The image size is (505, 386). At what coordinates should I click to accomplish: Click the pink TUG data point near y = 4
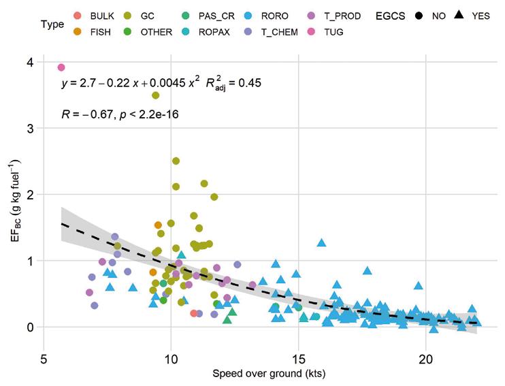point(61,67)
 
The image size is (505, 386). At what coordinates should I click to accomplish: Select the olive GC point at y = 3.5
point(155,95)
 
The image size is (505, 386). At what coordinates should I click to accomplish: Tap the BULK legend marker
point(77,16)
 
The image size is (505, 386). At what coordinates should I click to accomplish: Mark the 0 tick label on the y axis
point(31,327)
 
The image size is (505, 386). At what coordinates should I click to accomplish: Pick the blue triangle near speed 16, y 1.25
point(321,242)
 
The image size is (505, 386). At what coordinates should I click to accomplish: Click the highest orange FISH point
point(158,225)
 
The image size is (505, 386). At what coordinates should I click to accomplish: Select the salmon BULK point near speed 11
point(194,313)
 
